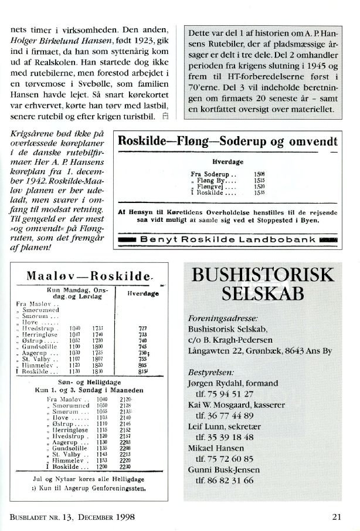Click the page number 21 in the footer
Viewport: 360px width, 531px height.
[x=336, y=516]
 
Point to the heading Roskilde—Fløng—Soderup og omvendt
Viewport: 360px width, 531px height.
[x=227, y=141]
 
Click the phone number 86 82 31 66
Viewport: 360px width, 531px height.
[x=225, y=481]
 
